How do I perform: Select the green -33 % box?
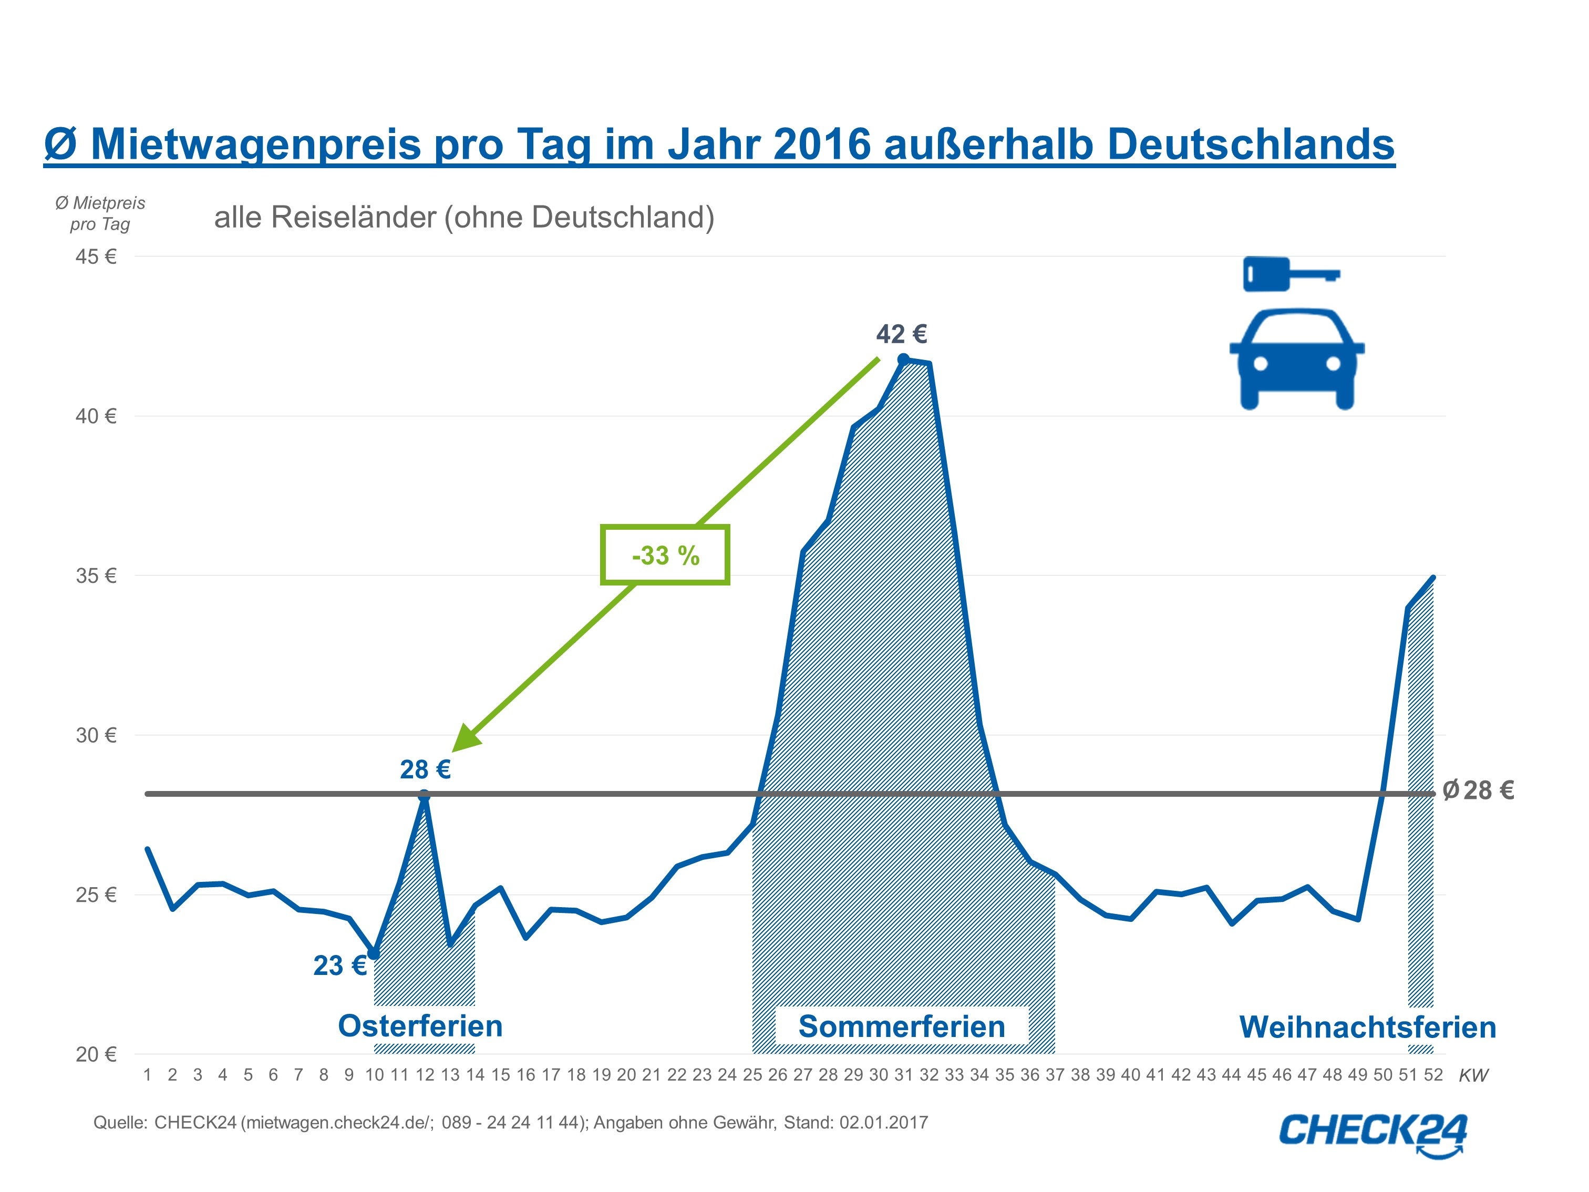(665, 554)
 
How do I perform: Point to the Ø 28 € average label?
(1478, 790)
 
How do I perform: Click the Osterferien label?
(420, 1026)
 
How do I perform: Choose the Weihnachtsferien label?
(1368, 1027)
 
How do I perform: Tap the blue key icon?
(1291, 274)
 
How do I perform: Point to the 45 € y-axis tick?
(96, 257)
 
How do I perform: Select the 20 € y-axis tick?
(96, 1055)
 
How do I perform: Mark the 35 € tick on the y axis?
(96, 576)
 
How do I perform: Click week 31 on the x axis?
(904, 1075)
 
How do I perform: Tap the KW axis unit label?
(1473, 1076)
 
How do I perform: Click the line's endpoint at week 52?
(1433, 578)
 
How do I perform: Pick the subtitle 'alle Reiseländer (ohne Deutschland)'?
(464, 218)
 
